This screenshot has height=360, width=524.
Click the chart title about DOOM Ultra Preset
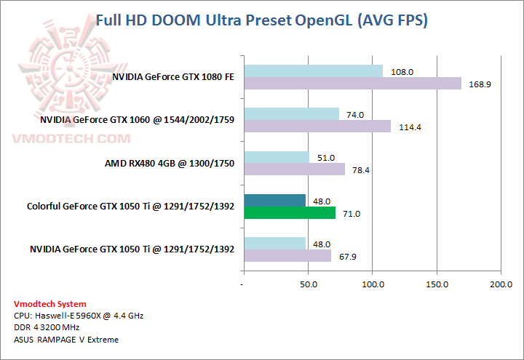262,20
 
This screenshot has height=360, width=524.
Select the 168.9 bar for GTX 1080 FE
352,84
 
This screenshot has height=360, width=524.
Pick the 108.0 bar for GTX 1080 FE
313,71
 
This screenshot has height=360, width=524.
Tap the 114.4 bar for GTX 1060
317,127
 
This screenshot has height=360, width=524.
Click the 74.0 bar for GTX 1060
291,114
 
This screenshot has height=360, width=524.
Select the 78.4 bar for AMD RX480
294,169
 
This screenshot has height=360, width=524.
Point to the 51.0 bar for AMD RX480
277,157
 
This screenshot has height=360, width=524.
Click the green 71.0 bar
290,213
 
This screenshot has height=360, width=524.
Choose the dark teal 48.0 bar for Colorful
274,200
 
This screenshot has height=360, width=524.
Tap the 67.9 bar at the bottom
287,256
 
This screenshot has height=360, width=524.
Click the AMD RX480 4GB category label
170,164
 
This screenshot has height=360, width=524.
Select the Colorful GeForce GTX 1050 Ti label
130,207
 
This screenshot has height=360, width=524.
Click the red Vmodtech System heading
49,304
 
